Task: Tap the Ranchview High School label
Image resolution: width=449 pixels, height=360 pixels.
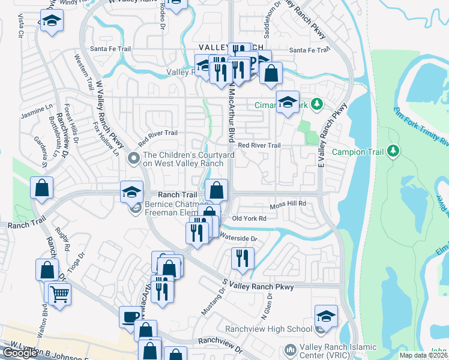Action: pyautogui.click(x=268, y=329)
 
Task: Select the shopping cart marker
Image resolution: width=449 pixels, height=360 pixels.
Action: pyautogui.click(x=59, y=295)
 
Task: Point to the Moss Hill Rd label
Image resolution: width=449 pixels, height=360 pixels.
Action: pyautogui.click(x=288, y=204)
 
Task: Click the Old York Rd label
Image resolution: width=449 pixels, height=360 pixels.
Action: pyautogui.click(x=249, y=218)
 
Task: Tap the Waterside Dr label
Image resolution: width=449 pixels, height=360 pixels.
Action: pyautogui.click(x=239, y=238)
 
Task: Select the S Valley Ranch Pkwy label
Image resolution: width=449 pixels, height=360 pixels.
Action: pyautogui.click(x=258, y=287)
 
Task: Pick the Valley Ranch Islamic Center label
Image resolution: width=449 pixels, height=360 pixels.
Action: pyautogui.click(x=339, y=351)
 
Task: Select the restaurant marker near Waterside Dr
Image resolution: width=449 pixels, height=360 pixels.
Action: pyautogui.click(x=242, y=259)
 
